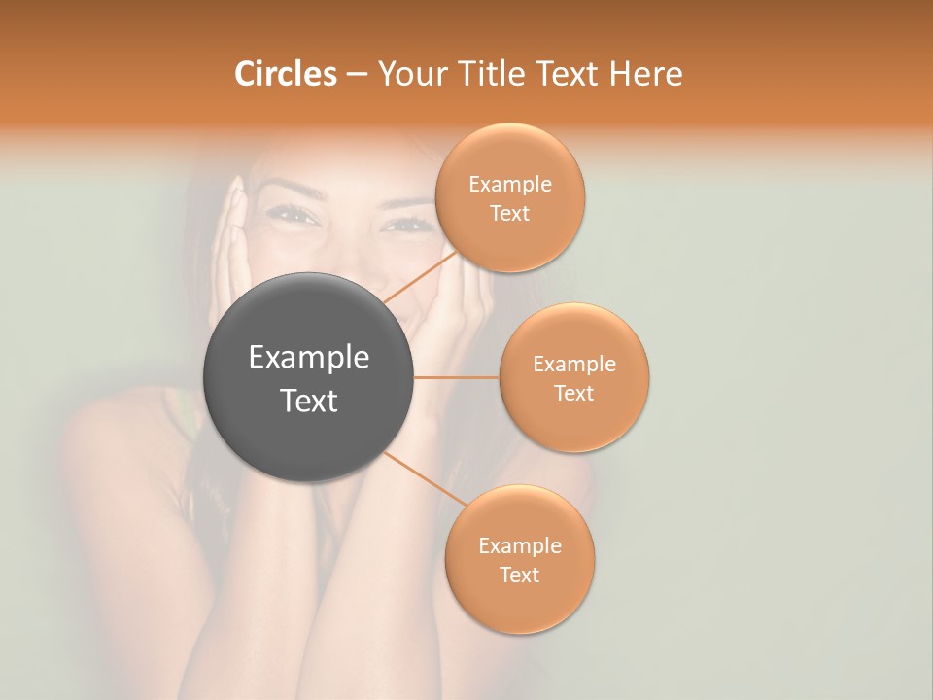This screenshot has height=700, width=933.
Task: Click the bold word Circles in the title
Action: coord(285,74)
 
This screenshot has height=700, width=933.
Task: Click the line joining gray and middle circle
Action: coord(457,377)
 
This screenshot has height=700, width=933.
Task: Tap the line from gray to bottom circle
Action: coord(418,476)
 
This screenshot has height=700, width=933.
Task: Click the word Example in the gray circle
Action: coord(309,358)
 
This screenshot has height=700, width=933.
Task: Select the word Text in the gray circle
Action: coord(309,401)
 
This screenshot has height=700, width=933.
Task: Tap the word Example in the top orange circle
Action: coord(510,185)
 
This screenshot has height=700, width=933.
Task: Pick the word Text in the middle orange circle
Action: coord(574,393)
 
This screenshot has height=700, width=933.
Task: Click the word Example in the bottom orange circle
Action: coord(520,545)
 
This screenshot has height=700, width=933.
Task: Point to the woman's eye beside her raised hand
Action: coord(295,216)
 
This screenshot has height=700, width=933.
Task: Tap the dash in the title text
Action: coord(357,74)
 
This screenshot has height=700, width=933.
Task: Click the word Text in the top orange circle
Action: coord(510,214)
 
